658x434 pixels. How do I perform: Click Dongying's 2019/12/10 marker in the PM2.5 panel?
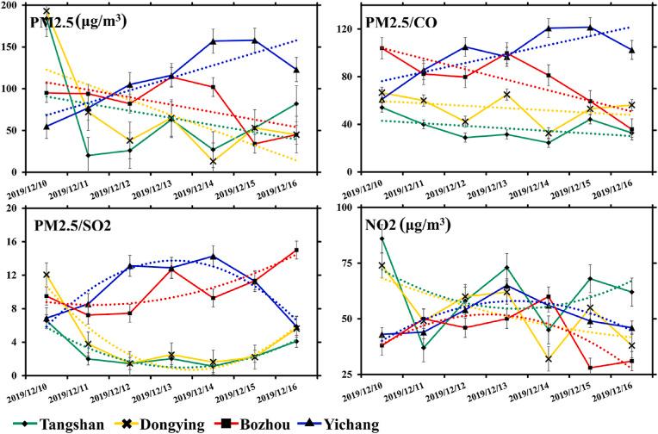(x=46, y=11)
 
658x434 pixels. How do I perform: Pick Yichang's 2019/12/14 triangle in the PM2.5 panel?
(x=213, y=41)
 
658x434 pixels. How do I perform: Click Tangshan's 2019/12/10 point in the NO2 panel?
(x=382, y=239)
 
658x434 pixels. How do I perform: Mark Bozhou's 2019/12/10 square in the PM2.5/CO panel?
(x=382, y=48)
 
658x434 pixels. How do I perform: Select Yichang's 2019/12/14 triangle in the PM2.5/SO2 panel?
(x=213, y=256)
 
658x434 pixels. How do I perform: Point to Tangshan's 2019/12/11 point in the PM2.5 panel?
(x=88, y=156)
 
